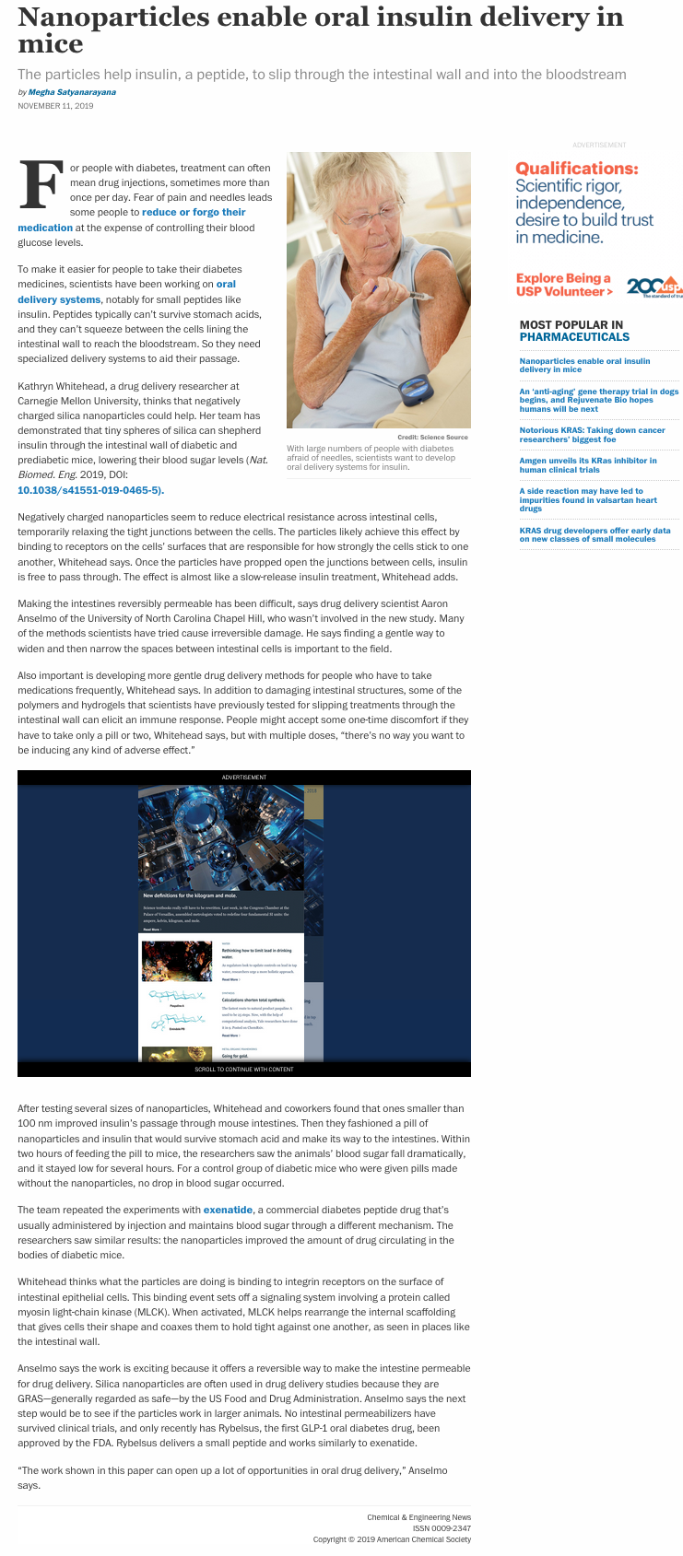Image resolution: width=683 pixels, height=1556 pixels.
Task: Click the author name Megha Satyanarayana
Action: point(72,92)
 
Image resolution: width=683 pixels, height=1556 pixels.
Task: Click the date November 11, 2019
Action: point(55,106)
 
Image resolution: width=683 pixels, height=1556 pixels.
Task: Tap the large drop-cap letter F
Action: point(41,185)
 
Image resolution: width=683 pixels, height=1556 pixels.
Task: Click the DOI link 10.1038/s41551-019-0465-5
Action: point(90,490)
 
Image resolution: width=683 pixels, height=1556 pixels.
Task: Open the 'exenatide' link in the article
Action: point(228,1210)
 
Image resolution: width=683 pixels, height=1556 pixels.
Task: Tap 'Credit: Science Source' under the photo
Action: point(432,437)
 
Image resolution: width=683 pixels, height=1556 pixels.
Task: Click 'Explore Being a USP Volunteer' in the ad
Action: point(563,285)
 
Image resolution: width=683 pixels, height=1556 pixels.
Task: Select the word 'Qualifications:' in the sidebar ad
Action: point(576,169)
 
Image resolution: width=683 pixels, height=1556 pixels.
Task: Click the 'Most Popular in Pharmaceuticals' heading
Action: point(574,331)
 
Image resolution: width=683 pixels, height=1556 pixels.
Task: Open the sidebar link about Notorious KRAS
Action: point(592,435)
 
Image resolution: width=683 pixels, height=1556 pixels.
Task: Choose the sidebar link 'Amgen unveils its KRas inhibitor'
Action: point(588,465)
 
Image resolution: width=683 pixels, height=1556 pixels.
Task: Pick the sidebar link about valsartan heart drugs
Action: point(588,499)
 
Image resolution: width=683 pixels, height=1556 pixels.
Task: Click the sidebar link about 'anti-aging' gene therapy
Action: point(598,400)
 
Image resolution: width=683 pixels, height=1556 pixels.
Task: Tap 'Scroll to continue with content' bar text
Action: point(243,1070)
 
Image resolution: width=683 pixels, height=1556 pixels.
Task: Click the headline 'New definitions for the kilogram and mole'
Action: point(190,895)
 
